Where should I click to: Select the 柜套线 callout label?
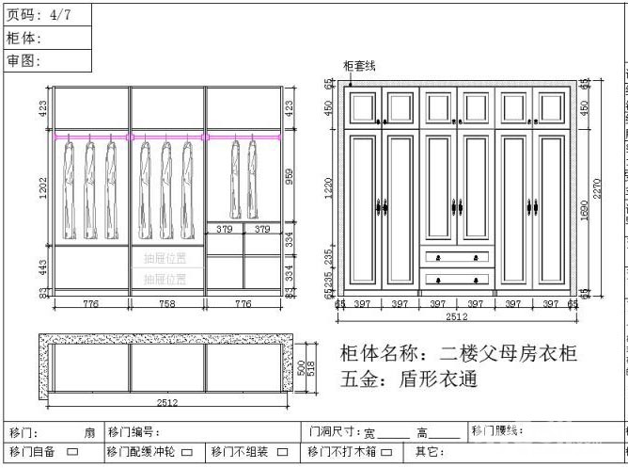[359, 66]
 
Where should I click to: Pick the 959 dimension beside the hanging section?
[290, 177]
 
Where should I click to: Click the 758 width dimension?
[166, 303]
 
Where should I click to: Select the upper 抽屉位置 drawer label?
[165, 257]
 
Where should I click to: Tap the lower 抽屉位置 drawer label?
[165, 279]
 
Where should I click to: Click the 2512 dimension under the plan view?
[167, 403]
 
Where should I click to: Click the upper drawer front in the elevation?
[457, 256]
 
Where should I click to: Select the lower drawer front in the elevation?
[457, 278]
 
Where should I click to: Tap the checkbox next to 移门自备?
[71, 452]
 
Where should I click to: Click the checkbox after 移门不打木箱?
[395, 452]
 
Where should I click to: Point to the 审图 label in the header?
[26, 60]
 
